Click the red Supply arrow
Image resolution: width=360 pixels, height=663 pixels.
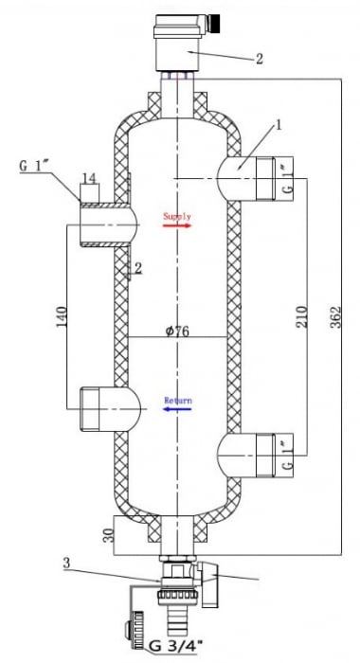click(176, 226)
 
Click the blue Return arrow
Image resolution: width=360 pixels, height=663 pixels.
click(176, 410)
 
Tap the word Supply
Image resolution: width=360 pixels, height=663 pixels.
click(176, 217)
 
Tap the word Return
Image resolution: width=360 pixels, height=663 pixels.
click(178, 401)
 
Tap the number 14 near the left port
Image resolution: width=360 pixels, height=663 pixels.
click(89, 178)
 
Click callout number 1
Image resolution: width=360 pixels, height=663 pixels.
click(279, 124)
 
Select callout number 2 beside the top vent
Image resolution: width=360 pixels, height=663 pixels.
click(259, 58)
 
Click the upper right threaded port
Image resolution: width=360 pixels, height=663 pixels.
click(275, 179)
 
